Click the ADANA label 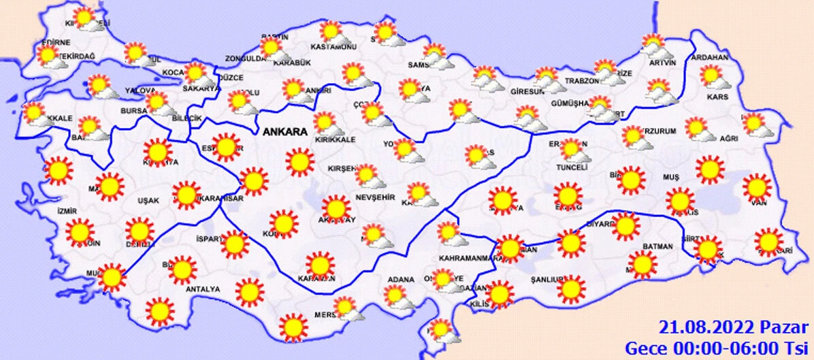(x=401, y=280)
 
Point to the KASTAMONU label (x=333, y=47)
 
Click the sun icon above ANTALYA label (x=182, y=269)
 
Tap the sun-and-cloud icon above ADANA (x=397, y=297)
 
